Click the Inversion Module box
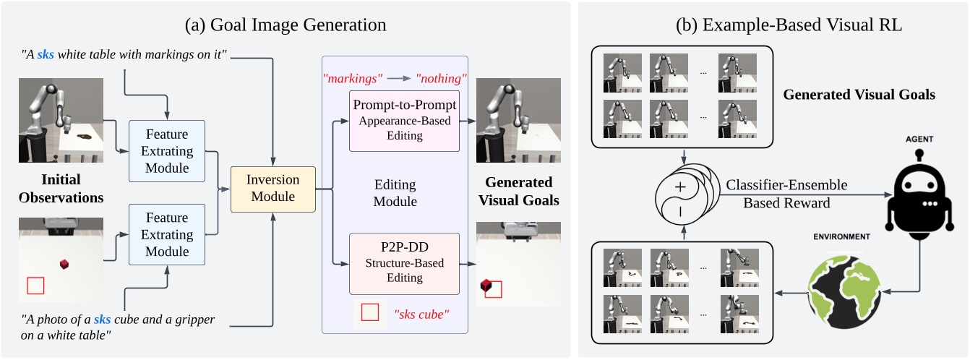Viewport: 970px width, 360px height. pyautogui.click(x=273, y=189)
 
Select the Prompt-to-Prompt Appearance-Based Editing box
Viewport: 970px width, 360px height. pyautogui.click(x=403, y=120)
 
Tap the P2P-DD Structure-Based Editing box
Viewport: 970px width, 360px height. pyautogui.click(x=403, y=264)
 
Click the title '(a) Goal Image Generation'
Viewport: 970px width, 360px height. pyautogui.click(x=285, y=24)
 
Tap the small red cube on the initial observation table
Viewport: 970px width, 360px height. pyautogui.click(x=64, y=265)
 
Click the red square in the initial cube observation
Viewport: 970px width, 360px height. pyautogui.click(x=35, y=286)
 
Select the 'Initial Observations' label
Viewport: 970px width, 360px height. pyautogui.click(x=61, y=188)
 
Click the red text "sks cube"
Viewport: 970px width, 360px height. pyautogui.click(x=421, y=315)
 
